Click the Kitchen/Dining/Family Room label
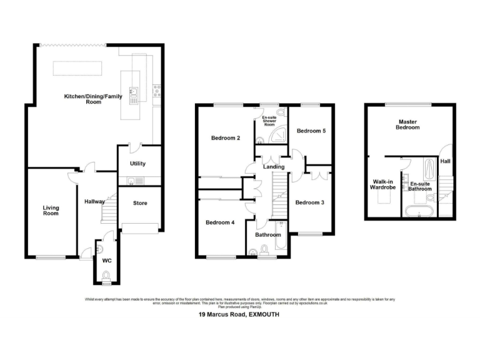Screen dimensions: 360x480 click(94, 99)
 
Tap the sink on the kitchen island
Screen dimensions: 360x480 click(133, 94)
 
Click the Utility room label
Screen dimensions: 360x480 click(137, 164)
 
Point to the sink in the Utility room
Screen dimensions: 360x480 click(133, 181)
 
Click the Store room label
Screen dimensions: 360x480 click(141, 203)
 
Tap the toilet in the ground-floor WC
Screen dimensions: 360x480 click(106, 274)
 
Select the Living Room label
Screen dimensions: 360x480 click(51, 211)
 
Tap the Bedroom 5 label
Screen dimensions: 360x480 click(311, 131)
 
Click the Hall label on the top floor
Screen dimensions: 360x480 click(446, 161)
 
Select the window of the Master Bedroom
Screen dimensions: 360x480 click(407, 104)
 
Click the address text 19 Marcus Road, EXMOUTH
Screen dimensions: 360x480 click(239, 316)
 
